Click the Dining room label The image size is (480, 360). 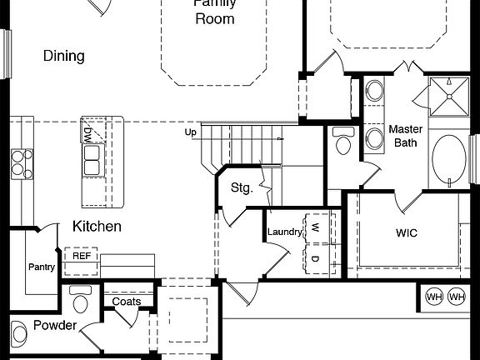click(64, 57)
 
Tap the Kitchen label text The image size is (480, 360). click(97, 226)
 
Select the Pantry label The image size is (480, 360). click(42, 267)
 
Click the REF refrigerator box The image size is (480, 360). click(82, 256)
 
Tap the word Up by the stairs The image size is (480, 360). click(191, 132)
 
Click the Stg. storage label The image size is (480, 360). click(241, 187)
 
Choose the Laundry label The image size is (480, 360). click(284, 232)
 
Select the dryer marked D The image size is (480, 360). click(317, 258)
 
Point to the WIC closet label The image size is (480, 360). click(406, 232)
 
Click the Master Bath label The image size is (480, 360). click(405, 137)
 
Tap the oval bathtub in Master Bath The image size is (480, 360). click(450, 161)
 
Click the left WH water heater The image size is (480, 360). click(433, 297)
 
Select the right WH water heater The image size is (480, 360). click(456, 297)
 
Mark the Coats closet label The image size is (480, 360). click(127, 301)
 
